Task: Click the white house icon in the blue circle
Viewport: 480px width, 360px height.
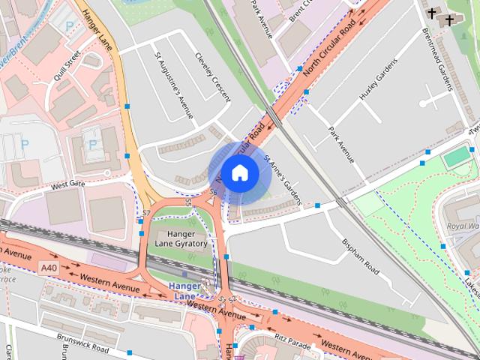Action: point(239,172)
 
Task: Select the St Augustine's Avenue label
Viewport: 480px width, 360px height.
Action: point(173,85)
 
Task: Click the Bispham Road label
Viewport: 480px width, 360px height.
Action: point(361,254)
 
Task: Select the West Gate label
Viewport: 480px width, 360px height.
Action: point(69,183)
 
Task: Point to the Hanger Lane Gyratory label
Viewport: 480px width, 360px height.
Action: point(181,239)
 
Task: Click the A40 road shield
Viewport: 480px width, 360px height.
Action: point(49,268)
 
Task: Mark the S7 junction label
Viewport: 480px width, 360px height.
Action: point(145,214)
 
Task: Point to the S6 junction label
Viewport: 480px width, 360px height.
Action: point(213,193)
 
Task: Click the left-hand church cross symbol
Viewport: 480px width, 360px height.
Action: point(433,13)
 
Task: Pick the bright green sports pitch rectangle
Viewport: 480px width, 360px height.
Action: point(456,157)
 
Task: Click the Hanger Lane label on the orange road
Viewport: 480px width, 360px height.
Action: point(97,31)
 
